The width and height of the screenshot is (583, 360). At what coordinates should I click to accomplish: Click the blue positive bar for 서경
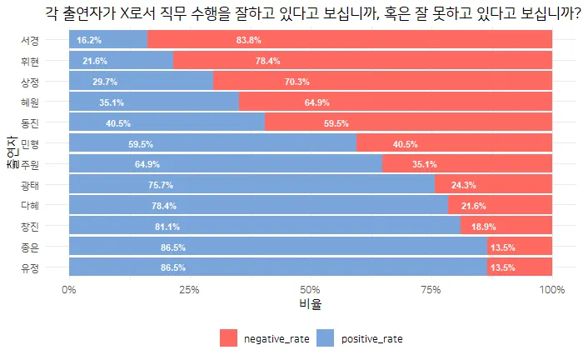tap(108, 39)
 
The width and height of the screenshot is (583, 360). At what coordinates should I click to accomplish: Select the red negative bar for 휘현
tap(362, 61)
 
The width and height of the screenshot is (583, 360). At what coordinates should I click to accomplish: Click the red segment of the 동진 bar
tap(408, 123)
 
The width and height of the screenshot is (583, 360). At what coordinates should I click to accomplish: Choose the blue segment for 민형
tap(212, 143)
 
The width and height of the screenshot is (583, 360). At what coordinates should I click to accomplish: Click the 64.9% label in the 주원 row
tap(147, 164)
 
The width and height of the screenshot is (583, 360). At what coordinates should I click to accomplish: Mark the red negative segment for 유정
tap(520, 267)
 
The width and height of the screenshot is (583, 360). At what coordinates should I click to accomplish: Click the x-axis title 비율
tap(310, 304)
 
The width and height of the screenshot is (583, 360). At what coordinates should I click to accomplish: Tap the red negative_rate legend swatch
tap(229, 338)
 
